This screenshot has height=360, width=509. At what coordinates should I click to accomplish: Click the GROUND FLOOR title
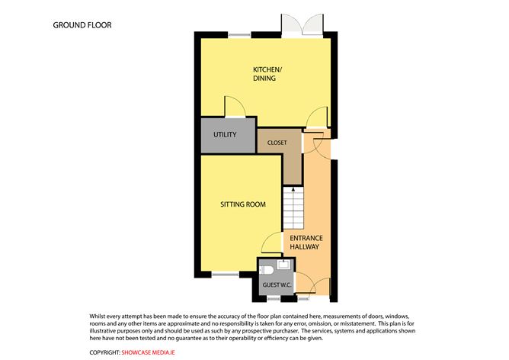(x=82, y=25)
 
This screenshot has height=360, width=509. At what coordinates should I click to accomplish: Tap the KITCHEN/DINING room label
(x=267, y=75)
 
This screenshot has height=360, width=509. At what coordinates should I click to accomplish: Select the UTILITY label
(x=225, y=135)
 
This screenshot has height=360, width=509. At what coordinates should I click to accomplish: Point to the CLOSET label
(x=277, y=142)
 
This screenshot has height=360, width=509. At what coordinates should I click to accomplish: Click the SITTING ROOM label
(x=242, y=205)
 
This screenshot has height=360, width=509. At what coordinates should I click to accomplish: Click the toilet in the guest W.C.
(x=267, y=270)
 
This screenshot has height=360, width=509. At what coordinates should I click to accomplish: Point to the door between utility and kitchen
(x=235, y=108)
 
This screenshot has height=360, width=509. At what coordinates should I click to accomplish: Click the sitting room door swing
(x=271, y=245)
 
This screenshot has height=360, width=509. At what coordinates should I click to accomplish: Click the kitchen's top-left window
(x=239, y=33)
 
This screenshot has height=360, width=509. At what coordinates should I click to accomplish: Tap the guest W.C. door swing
(x=302, y=282)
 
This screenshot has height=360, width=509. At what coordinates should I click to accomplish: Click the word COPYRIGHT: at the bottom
(x=104, y=352)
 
